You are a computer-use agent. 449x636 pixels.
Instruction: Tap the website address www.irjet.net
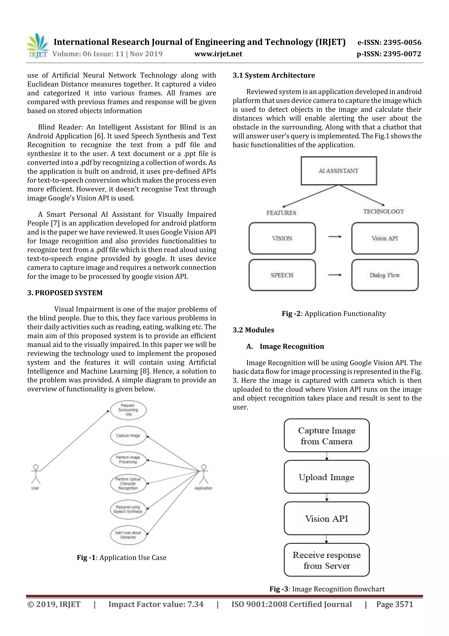pos(218,54)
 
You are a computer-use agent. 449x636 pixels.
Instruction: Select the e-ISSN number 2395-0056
pos(389,42)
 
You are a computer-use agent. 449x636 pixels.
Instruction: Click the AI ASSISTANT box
pos(339,171)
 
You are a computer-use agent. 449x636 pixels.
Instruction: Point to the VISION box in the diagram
pos(282,238)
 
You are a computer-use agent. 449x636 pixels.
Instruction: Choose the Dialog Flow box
pos(385,275)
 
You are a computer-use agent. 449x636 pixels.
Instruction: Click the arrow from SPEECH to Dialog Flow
pos(335,275)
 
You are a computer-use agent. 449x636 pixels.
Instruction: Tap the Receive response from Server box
pos(326,560)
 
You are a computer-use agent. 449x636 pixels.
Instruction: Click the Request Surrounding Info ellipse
pos(128,410)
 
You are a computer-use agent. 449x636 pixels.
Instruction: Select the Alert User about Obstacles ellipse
pos(128,535)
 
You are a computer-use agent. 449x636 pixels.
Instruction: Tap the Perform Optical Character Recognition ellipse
pos(128,484)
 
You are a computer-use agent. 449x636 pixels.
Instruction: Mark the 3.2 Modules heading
pos(253,330)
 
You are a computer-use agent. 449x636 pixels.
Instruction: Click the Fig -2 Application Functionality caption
pos(334,313)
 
